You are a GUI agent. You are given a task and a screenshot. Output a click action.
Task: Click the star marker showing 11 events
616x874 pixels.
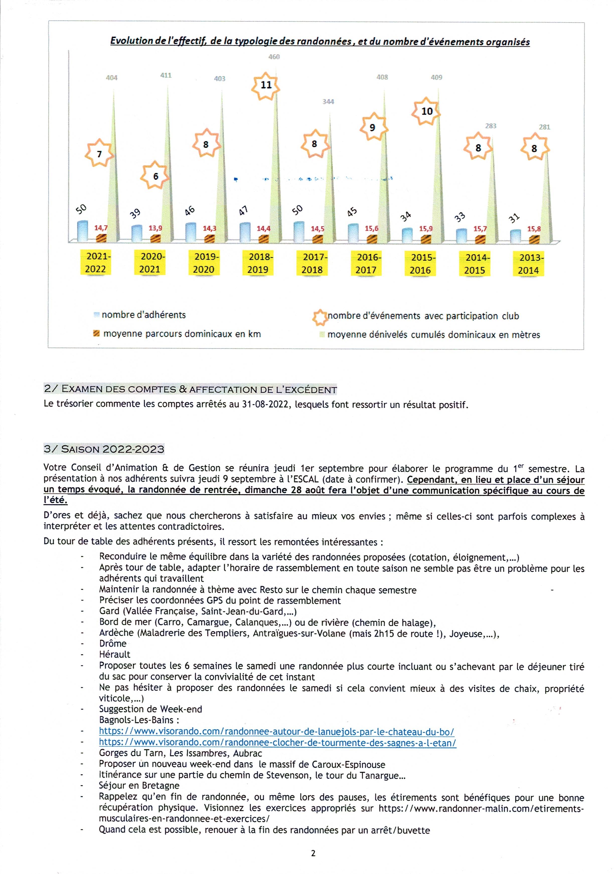click(266, 86)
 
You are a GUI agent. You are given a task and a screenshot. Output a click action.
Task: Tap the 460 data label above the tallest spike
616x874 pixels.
click(274, 57)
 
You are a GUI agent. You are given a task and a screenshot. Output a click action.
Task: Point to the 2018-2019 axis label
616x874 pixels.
click(258, 263)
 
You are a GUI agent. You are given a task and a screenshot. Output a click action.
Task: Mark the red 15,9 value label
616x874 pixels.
click(426, 229)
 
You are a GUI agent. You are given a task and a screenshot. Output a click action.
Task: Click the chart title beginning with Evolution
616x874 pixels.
click(320, 41)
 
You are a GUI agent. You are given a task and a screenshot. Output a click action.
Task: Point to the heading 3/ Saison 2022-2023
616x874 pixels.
click(104, 449)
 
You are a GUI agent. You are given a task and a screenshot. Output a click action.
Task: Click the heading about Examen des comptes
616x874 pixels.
click(190, 389)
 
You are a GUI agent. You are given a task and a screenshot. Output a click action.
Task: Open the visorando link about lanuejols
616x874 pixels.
click(276, 731)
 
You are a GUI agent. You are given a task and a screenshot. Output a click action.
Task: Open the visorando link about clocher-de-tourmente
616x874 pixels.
click(277, 742)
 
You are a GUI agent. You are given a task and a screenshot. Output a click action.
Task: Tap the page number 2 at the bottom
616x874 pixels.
click(313, 853)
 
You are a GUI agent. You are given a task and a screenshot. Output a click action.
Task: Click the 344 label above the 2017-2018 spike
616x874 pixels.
click(328, 102)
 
